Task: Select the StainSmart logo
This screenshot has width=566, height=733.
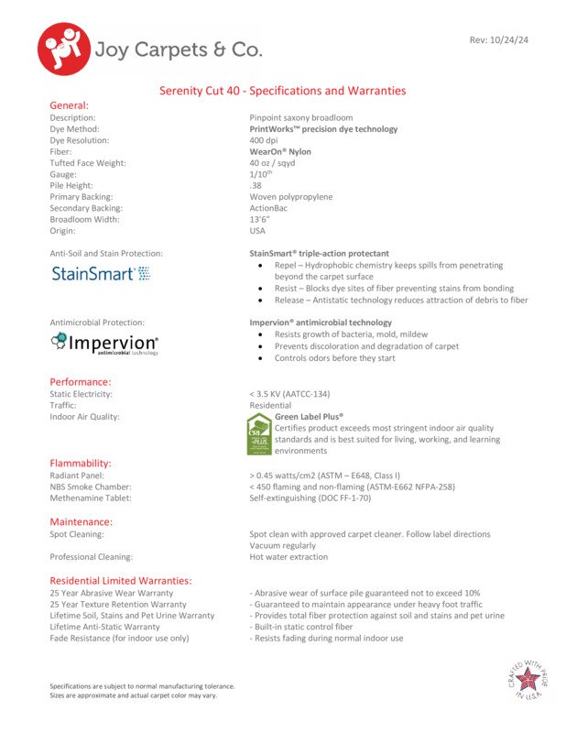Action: coord(101,273)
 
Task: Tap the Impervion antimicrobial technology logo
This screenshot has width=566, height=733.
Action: coord(104,344)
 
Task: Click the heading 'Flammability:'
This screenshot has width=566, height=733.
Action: coord(81,463)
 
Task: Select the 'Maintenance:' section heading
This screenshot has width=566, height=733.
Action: coord(81,521)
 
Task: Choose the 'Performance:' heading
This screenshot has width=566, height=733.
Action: coord(81,381)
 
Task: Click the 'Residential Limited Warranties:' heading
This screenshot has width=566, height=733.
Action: coord(120,580)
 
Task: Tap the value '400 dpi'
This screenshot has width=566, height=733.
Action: coord(264,141)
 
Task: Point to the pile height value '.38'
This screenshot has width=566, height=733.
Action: coord(256,186)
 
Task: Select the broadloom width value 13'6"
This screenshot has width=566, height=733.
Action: coord(259,220)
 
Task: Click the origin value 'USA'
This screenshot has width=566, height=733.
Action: coord(258,231)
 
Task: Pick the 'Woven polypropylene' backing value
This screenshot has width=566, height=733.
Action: coord(291,197)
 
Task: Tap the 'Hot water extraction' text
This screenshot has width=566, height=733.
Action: coord(288,557)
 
